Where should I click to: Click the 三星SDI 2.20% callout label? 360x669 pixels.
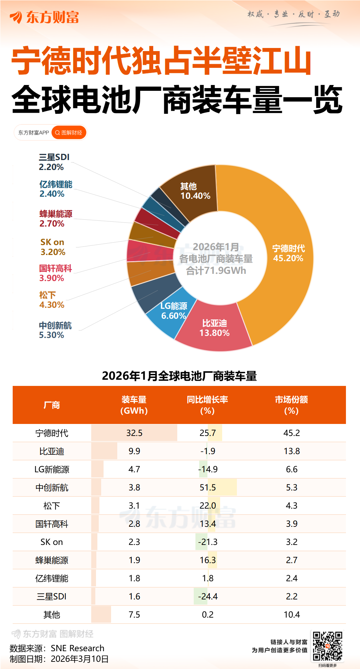click(x=54, y=162)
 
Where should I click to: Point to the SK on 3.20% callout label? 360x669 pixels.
click(x=52, y=247)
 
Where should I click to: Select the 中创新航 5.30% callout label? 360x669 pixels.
click(x=55, y=330)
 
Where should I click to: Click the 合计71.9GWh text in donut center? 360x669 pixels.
click(x=216, y=271)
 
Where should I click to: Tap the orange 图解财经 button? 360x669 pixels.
click(x=69, y=133)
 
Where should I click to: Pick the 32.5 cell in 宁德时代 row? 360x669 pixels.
click(x=134, y=433)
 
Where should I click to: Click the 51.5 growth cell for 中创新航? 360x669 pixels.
click(x=208, y=487)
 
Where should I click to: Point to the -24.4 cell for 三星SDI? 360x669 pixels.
click(x=208, y=596)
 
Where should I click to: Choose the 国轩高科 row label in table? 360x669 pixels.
click(x=52, y=524)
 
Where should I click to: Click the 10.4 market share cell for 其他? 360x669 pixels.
click(x=292, y=615)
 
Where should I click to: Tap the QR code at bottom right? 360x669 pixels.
click(x=327, y=646)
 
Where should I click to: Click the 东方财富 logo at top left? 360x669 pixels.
click(x=45, y=17)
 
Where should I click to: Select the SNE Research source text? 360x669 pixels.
click(x=77, y=648)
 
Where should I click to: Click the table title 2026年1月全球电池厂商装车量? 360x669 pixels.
click(x=179, y=376)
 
